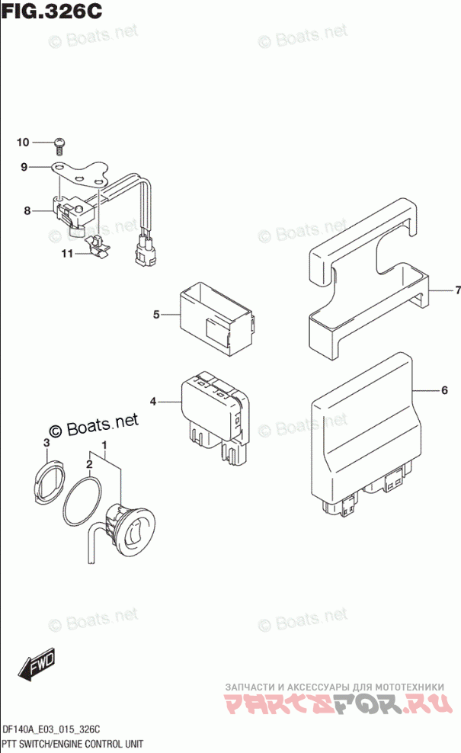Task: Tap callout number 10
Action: [22, 143]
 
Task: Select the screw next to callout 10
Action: [60, 143]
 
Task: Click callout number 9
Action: [24, 167]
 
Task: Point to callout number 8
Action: [27, 210]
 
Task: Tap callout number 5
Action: [156, 314]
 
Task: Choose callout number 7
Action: [458, 290]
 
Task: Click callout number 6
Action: [443, 391]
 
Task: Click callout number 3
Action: [46, 443]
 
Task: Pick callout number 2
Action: [89, 463]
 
